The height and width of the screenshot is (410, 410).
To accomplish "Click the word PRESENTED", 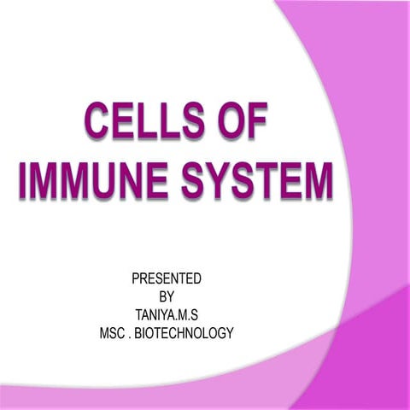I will (167, 278).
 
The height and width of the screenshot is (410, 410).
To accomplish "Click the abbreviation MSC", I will (115, 332).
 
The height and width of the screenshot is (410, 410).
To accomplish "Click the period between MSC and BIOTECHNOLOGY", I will (134, 336).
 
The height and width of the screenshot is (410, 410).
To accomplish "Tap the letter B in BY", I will (162, 296).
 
